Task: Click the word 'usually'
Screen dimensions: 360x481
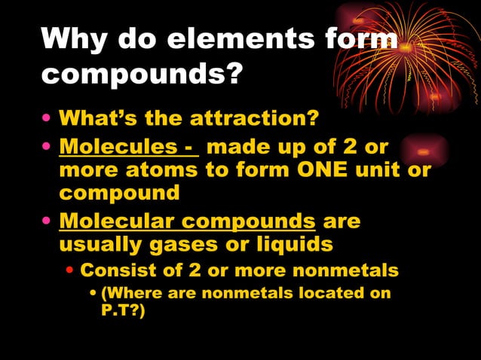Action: click(x=97, y=246)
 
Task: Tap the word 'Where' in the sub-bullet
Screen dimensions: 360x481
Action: click(x=130, y=293)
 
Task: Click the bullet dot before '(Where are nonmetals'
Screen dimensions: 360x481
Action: click(x=93, y=293)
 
